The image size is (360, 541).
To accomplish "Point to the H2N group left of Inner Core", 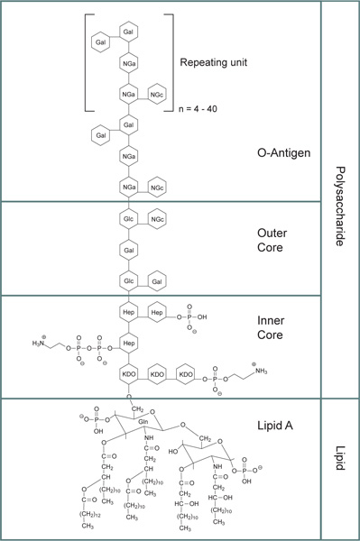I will click(43, 344).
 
